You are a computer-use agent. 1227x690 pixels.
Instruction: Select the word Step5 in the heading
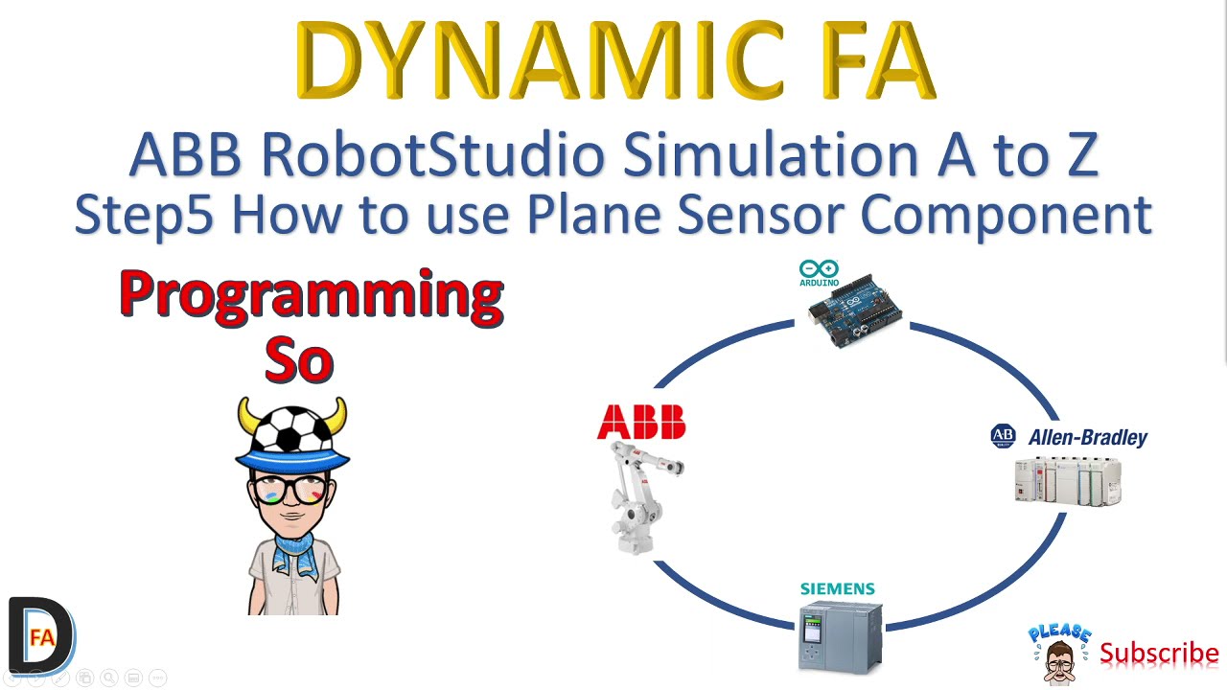(x=143, y=215)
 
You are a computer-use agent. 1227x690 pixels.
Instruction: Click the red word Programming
(x=312, y=294)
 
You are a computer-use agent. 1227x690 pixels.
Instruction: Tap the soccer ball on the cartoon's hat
(x=291, y=428)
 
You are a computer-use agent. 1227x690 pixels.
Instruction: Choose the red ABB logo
(x=641, y=422)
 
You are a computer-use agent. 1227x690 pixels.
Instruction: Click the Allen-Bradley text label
(x=1087, y=438)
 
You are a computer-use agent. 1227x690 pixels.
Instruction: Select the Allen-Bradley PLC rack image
(x=1067, y=481)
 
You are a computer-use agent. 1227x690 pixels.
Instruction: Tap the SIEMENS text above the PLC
(x=838, y=588)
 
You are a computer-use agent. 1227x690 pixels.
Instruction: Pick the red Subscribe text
(x=1159, y=654)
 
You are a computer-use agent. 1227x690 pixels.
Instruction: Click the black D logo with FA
(x=40, y=635)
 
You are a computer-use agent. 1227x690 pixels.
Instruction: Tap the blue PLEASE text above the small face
(x=1059, y=633)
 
